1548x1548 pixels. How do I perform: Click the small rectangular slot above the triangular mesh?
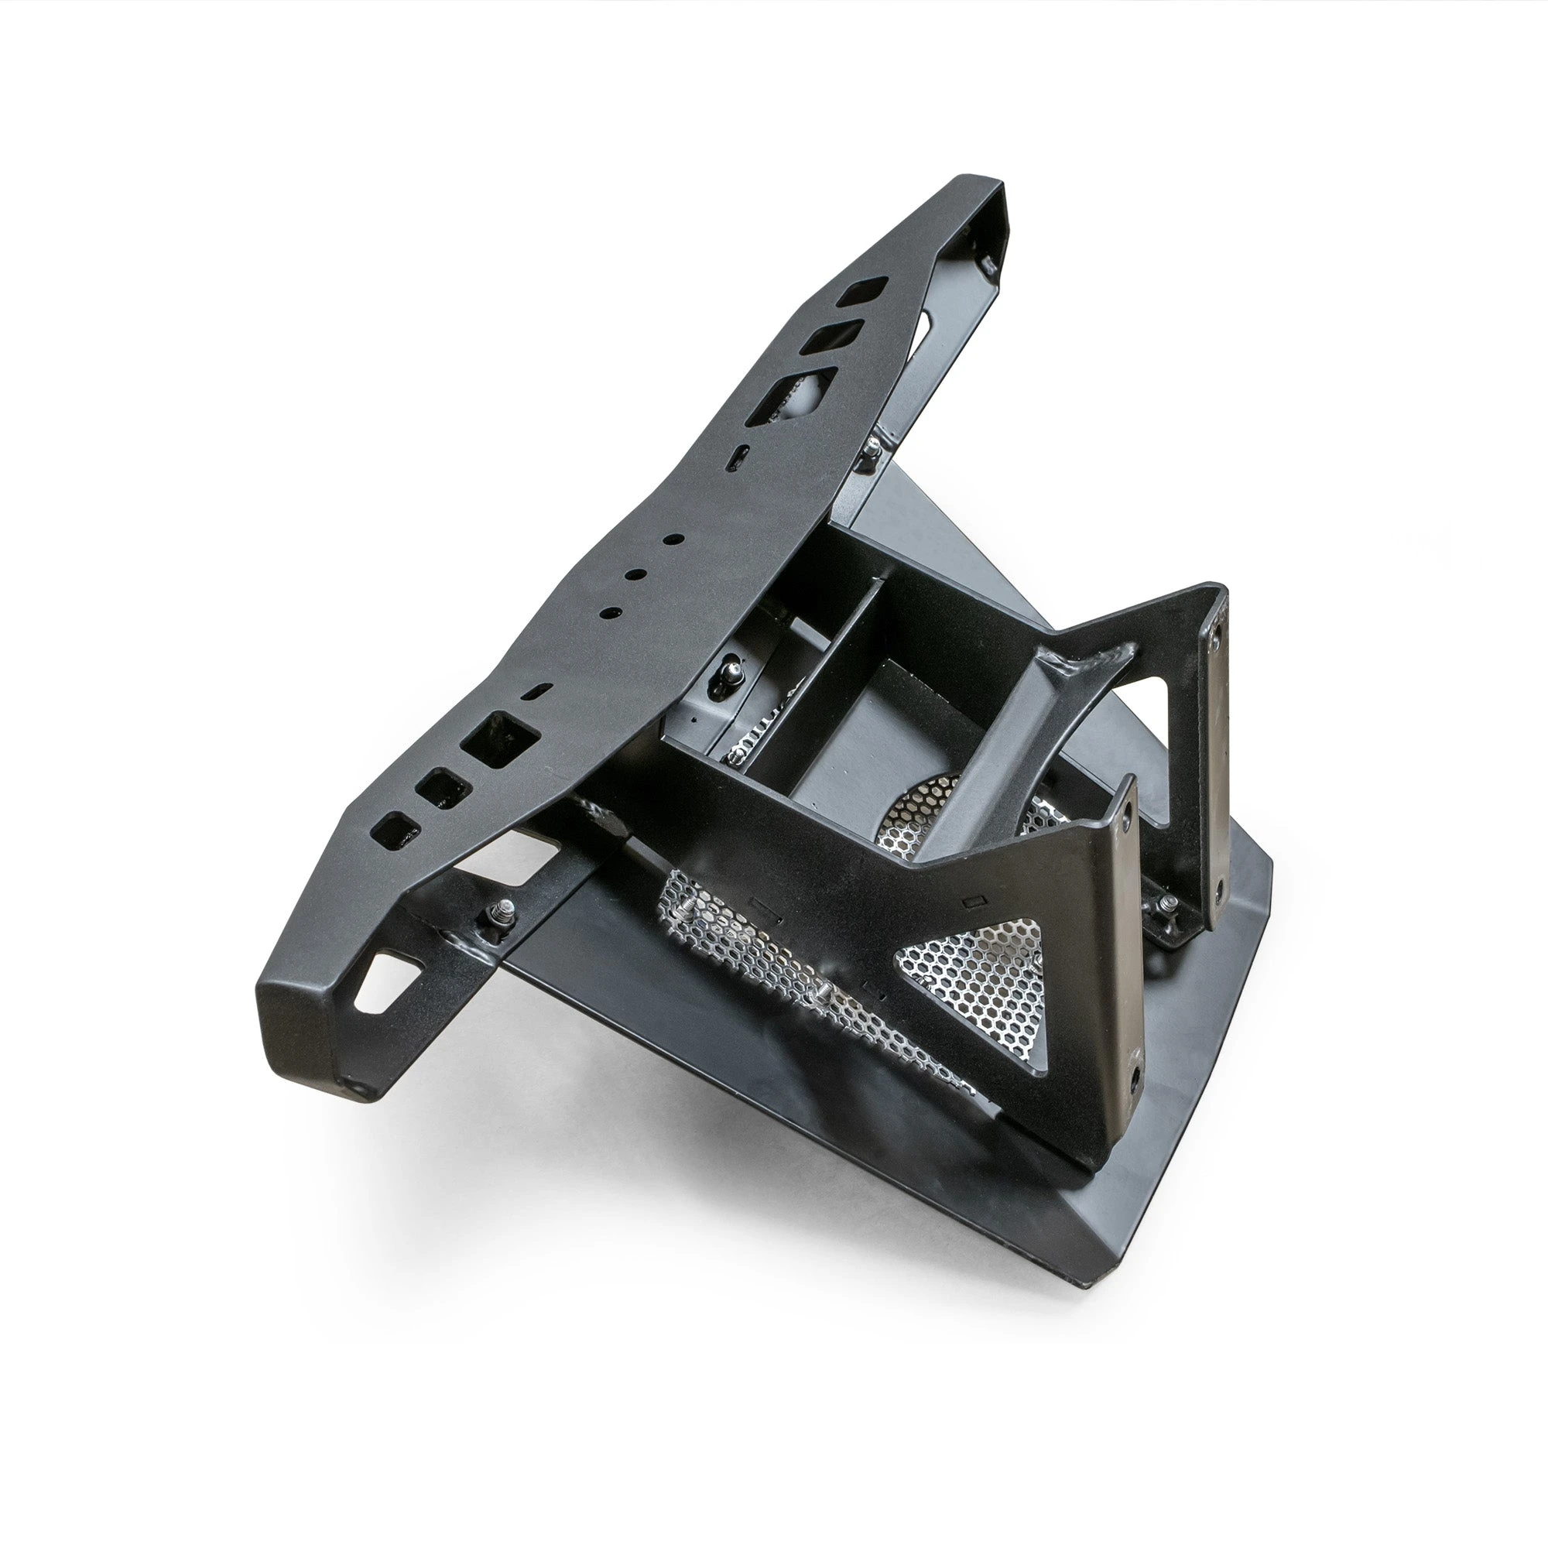pyautogui.click(x=974, y=902)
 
